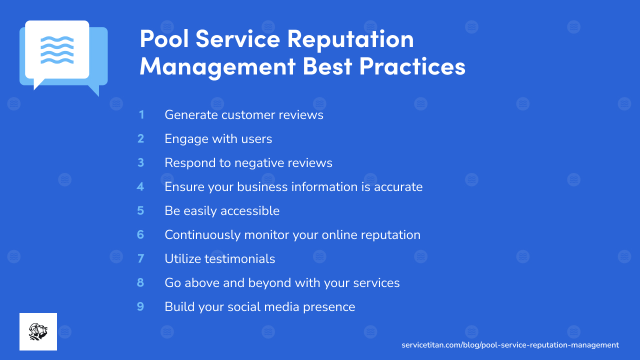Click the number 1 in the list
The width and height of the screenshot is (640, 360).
(x=141, y=115)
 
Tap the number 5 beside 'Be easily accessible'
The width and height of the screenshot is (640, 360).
(x=140, y=211)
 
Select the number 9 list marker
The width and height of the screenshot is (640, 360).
(x=140, y=307)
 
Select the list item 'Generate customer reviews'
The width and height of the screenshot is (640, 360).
(x=244, y=115)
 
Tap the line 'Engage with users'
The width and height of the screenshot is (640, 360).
(x=218, y=139)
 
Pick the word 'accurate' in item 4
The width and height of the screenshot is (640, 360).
(x=399, y=187)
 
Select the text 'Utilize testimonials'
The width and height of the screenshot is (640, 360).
(x=220, y=259)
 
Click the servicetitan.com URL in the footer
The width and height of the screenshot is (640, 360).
(x=510, y=345)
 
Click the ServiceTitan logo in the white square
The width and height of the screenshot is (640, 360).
(x=38, y=331)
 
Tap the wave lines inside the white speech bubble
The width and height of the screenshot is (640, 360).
(x=57, y=49)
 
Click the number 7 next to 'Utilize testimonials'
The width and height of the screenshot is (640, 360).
(x=140, y=259)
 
